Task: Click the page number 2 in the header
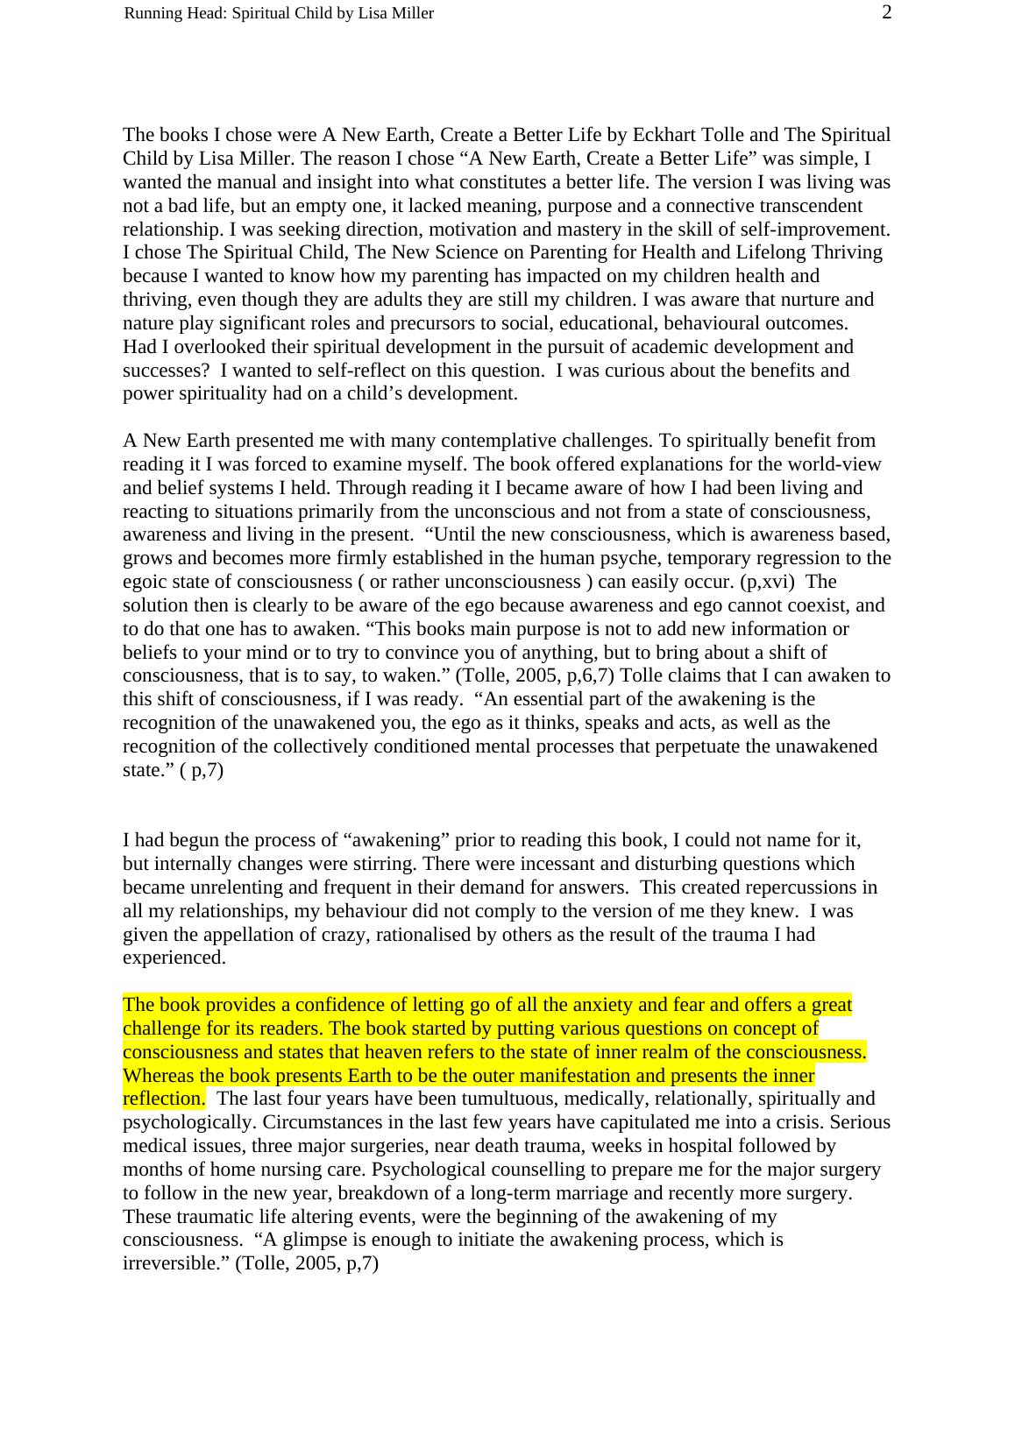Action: pyautogui.click(x=886, y=12)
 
